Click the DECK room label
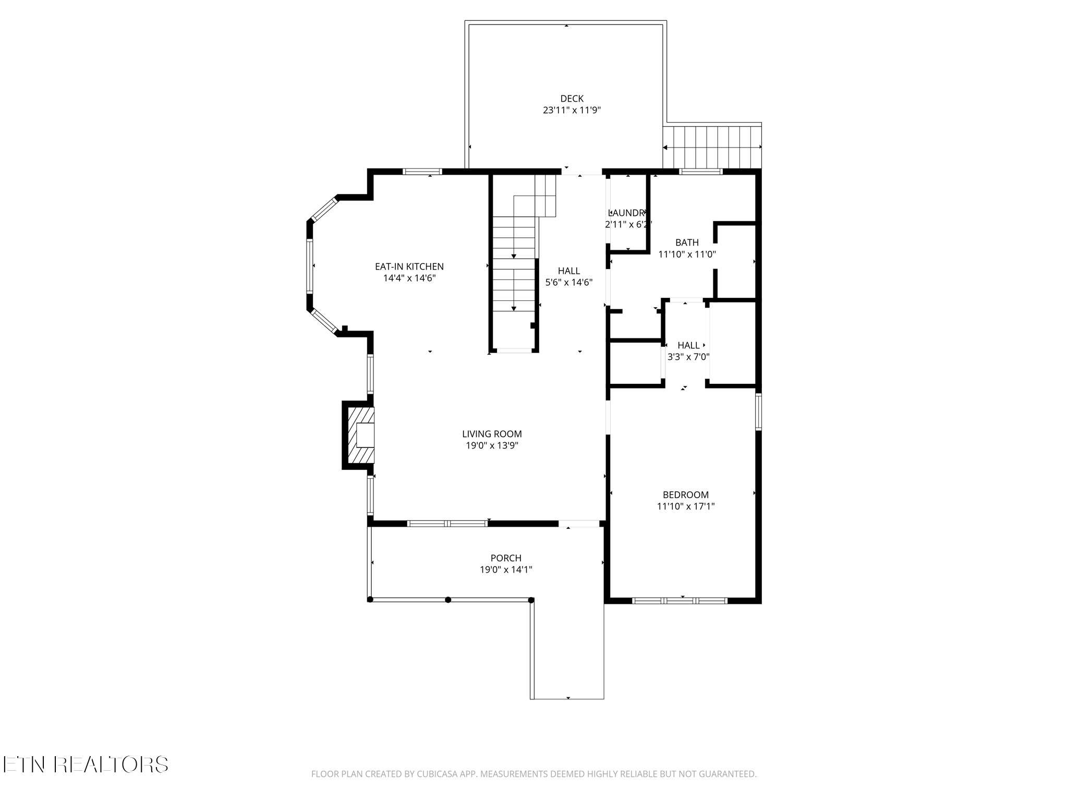tap(572, 99)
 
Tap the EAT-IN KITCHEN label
tap(409, 266)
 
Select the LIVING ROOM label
tap(492, 434)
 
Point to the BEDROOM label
tap(686, 495)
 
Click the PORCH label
tap(506, 559)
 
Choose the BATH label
tap(687, 242)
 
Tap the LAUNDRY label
tap(628, 213)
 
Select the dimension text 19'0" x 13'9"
tap(492, 446)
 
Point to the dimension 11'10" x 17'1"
tap(686, 506)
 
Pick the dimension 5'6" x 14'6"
tap(569, 283)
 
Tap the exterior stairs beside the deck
tap(712, 148)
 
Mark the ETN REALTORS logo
tap(85, 764)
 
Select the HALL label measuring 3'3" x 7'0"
tap(688, 345)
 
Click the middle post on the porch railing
tap(448, 600)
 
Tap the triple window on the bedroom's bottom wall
tap(679, 601)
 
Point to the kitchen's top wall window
tap(423, 171)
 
